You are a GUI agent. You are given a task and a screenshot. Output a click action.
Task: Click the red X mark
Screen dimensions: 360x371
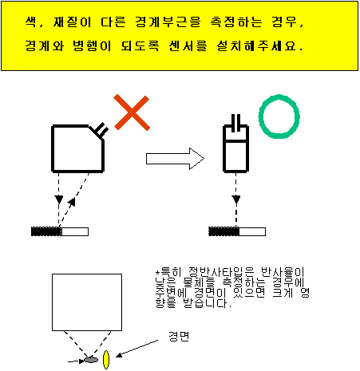[x=132, y=112]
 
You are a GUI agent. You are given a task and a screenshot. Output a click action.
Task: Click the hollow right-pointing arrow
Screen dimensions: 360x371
[x=175, y=159]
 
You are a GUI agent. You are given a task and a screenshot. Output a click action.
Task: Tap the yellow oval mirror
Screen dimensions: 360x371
[x=106, y=360]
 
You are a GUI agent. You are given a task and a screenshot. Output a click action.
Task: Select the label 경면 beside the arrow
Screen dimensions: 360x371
[x=179, y=337]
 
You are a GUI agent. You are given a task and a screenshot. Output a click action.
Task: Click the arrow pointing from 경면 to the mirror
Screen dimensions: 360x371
[x=137, y=348]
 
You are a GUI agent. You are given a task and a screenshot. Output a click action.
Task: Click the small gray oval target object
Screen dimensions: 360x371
[x=91, y=360]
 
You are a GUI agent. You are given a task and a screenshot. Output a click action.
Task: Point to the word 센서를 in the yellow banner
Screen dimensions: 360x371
[x=188, y=45]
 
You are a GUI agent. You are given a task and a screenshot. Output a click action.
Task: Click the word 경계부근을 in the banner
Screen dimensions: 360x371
[x=168, y=22]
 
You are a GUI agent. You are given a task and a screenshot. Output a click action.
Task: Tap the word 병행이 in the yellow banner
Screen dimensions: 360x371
[x=92, y=45]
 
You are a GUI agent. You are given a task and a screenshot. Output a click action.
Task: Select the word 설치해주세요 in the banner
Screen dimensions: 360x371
[x=256, y=45]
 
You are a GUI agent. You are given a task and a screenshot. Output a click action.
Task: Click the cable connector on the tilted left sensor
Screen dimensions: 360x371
[x=101, y=130]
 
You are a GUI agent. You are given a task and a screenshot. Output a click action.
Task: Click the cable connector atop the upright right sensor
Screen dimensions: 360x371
[x=235, y=123]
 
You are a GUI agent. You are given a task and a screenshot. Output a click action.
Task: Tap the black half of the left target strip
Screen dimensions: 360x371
[x=46, y=231]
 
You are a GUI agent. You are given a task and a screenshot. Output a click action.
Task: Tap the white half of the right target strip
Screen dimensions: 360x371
[x=252, y=231]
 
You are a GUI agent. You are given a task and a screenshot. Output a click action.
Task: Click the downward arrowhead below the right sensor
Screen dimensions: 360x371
[x=236, y=199]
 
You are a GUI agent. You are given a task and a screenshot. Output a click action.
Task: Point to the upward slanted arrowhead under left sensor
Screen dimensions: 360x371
[x=72, y=202]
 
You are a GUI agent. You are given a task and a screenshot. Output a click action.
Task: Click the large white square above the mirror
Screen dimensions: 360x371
[x=87, y=302]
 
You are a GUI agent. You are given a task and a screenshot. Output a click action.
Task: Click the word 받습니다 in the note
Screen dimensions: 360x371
[x=205, y=303]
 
